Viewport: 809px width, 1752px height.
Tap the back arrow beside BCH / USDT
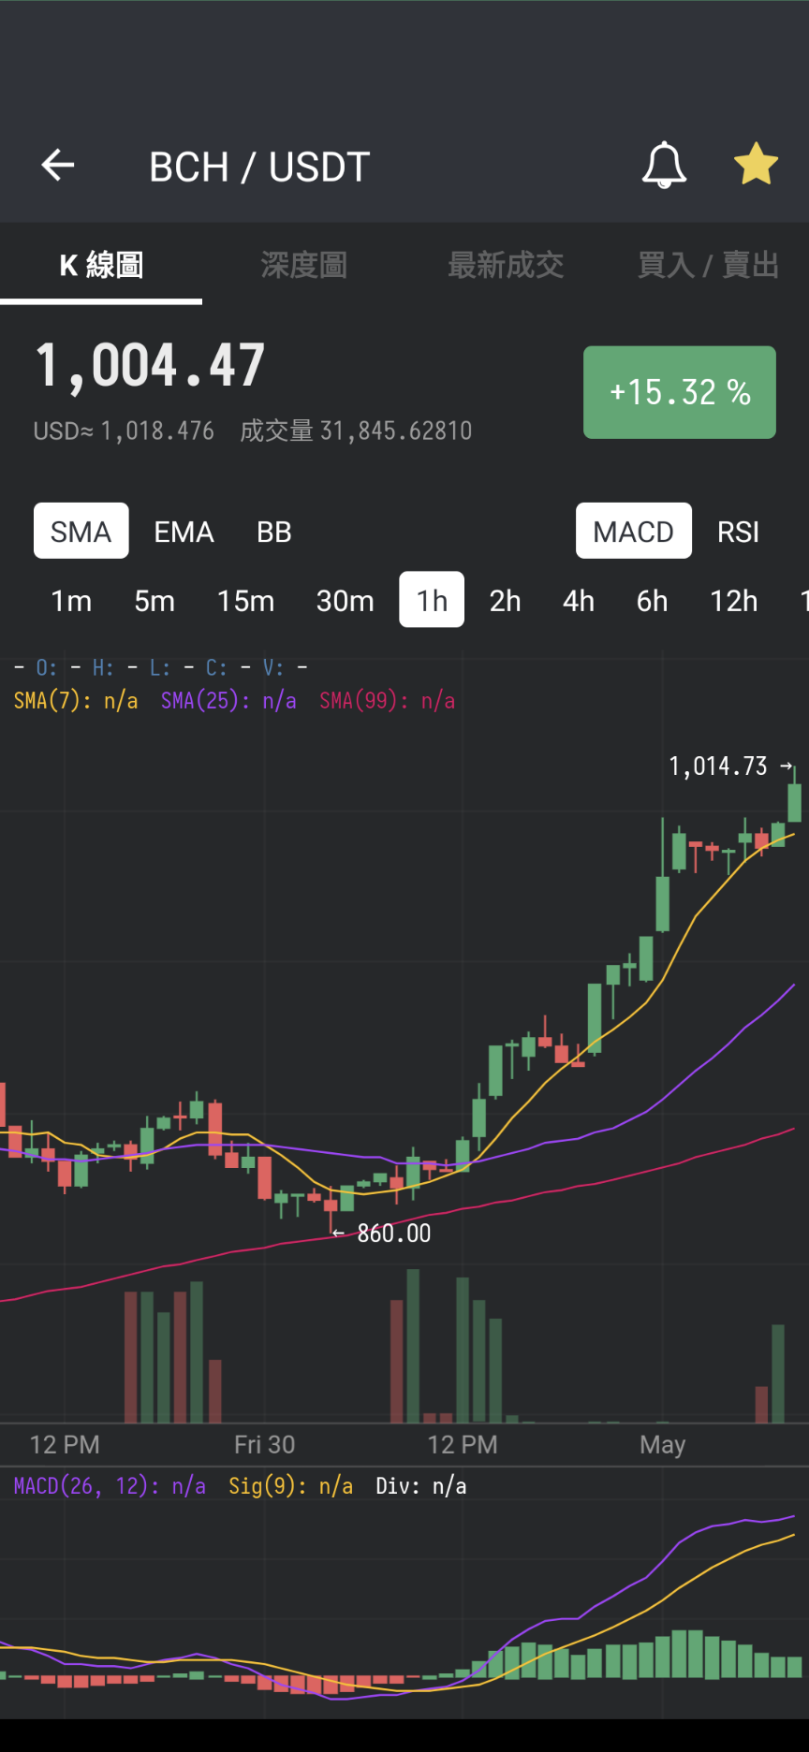(58, 166)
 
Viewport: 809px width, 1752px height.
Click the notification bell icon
(664, 166)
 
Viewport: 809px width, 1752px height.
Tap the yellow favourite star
(756, 165)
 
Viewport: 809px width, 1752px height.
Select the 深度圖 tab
(303, 265)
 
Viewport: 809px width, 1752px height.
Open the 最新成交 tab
(506, 265)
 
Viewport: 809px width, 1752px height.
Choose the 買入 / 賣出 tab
(708, 265)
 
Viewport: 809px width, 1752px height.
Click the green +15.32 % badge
(680, 392)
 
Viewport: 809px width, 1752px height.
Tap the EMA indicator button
(184, 532)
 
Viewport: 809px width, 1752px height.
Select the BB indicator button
(274, 532)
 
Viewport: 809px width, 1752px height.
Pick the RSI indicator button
(738, 532)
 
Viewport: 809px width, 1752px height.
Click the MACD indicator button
(634, 531)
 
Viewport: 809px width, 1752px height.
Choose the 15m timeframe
(245, 601)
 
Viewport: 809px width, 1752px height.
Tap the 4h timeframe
(579, 601)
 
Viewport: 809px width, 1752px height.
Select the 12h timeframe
(734, 601)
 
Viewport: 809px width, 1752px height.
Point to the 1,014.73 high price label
(718, 766)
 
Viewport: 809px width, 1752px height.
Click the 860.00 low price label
(394, 1234)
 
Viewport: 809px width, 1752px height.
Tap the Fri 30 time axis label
(264, 1445)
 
